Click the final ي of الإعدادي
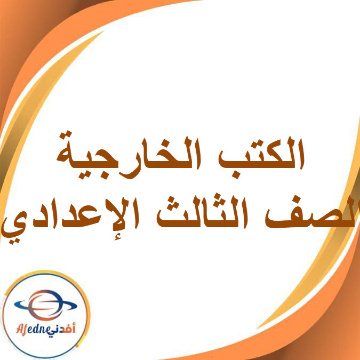(x=13, y=227)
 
